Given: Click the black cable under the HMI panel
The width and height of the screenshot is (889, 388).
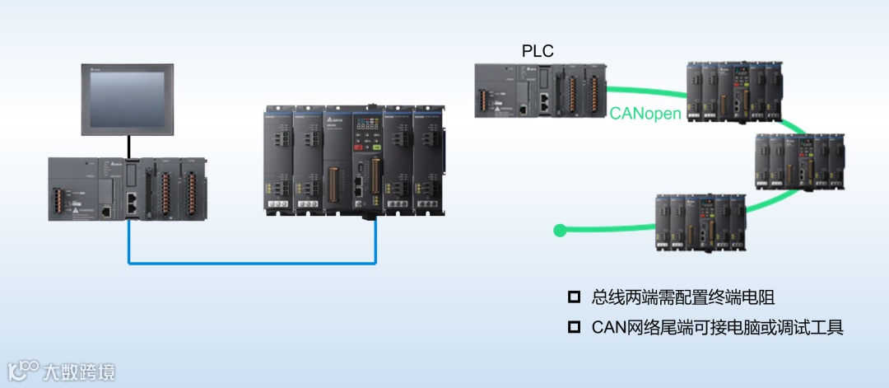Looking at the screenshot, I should (128, 147).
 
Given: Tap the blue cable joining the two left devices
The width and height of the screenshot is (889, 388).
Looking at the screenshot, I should (247, 264).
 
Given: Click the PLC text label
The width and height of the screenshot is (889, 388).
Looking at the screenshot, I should (538, 51).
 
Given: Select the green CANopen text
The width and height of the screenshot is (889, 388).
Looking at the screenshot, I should (645, 114).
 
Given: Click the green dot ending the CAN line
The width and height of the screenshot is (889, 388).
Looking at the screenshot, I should (560, 230).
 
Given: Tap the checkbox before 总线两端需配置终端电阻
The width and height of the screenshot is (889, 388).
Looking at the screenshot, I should (574, 297).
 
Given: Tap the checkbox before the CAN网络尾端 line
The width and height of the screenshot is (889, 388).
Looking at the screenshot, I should (574, 327).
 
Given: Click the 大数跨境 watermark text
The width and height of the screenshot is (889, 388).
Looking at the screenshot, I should (79, 372).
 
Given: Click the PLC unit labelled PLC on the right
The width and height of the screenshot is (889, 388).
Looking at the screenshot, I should (539, 91).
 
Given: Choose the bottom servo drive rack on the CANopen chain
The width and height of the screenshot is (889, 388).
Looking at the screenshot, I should (700, 222).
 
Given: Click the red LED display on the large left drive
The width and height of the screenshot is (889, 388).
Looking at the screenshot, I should (365, 127).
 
